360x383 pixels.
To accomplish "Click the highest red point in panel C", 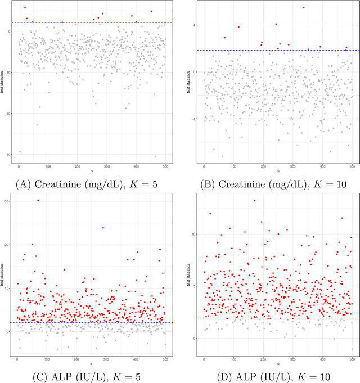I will coord(38,200).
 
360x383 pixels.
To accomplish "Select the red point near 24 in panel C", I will coord(103,228).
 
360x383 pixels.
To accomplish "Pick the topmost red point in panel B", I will coord(304,8).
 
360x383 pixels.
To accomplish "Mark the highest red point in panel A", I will coord(25,8).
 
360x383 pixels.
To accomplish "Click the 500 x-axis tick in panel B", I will coord(352,166).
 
